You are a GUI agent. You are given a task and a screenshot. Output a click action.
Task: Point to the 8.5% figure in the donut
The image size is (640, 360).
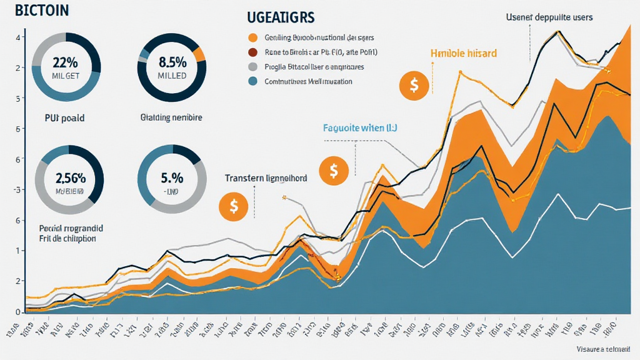171,63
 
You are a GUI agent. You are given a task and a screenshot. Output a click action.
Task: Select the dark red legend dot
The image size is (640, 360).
253,52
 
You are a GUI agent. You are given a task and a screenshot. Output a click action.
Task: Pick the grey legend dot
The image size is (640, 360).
253,67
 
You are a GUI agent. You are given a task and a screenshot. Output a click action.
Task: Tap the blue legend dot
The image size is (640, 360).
253,81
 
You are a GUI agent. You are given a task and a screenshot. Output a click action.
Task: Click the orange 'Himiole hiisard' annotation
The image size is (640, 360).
464,54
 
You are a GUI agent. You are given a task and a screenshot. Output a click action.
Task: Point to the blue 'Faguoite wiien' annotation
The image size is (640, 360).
359,128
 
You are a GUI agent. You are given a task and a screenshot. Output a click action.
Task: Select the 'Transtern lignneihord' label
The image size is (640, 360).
266,178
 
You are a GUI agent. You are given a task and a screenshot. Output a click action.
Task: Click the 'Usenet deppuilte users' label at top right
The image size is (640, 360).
549,17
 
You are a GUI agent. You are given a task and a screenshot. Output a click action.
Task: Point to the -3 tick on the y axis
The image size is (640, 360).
19,189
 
